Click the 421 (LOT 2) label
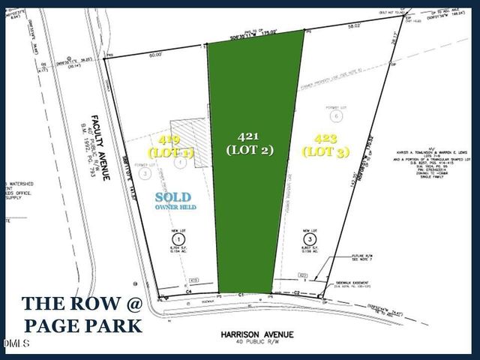[250, 142]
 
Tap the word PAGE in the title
[53, 325]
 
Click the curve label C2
[297, 291]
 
